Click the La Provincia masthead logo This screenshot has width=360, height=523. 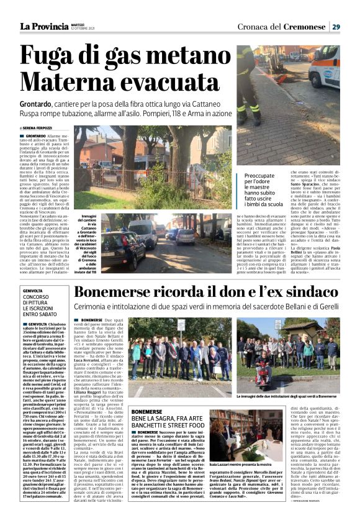coord(43,26)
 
